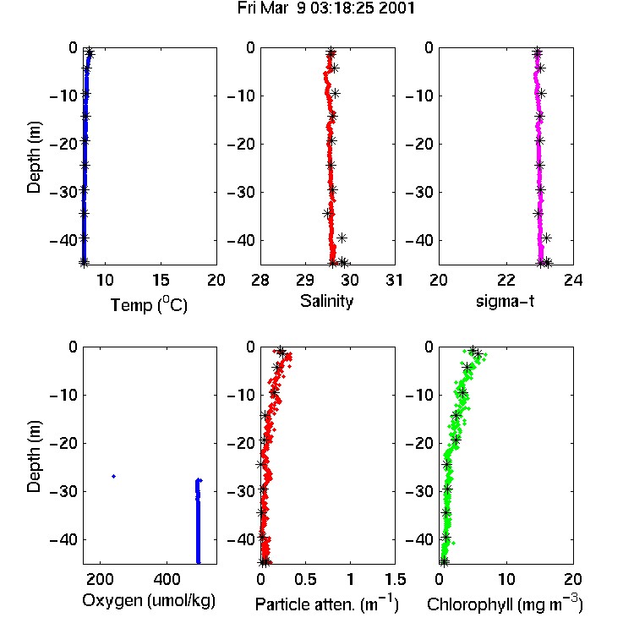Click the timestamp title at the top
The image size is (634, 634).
[x=326, y=8]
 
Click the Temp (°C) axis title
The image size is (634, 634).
[x=149, y=304]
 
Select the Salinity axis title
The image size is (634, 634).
[x=326, y=301]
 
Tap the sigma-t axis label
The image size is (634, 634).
[x=505, y=301]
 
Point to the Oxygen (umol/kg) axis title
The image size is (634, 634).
[x=149, y=601]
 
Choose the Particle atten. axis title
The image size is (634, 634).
[x=326, y=604]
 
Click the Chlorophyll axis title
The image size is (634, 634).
[x=505, y=604]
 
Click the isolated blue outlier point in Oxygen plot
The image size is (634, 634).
[x=113, y=476]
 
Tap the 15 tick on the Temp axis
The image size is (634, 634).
[x=161, y=280]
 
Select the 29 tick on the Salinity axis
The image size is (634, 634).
[x=305, y=280]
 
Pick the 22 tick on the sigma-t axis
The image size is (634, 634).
[x=506, y=280]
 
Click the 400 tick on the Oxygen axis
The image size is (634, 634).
[x=167, y=579]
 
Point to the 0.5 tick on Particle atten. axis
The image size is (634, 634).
[x=305, y=579]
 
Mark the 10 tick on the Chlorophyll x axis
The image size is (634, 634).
[x=506, y=579]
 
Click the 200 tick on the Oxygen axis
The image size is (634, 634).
[x=100, y=579]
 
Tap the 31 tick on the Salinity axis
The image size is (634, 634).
[x=394, y=280]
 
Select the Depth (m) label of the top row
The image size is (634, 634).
[x=34, y=157]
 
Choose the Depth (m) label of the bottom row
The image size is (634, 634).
[x=34, y=456]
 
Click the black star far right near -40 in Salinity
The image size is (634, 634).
[x=342, y=238]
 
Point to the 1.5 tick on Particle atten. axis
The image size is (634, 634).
[x=395, y=579]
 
